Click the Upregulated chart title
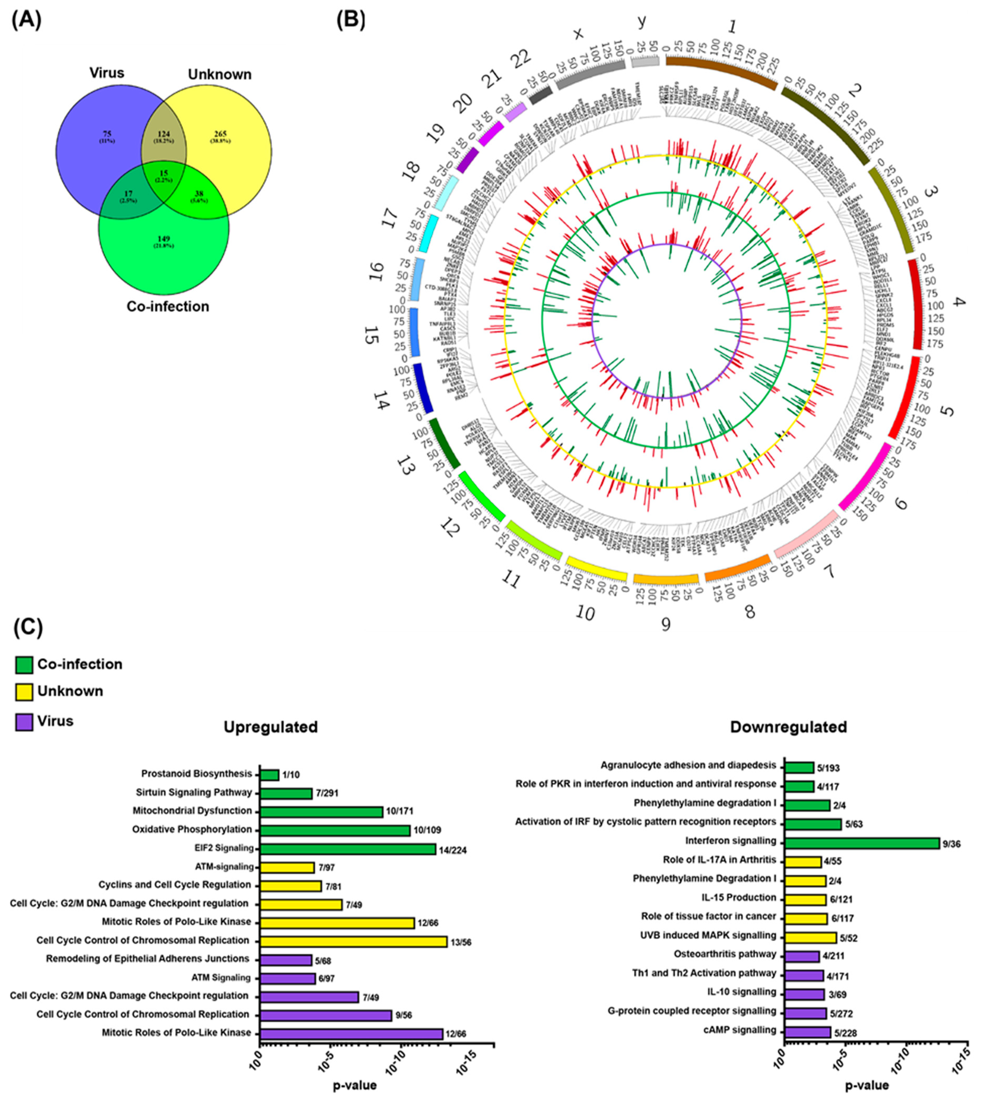tap(271, 727)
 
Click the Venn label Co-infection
tap(168, 306)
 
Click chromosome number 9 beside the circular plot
tap(666, 624)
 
